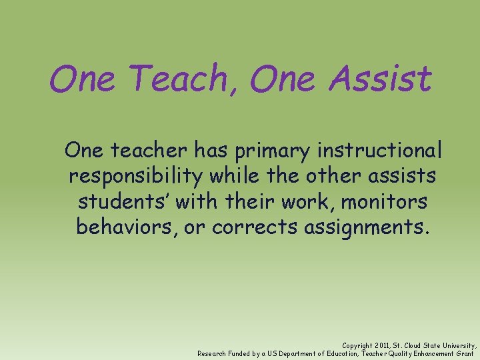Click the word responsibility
[x=137, y=177]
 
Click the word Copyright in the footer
[x=357, y=345]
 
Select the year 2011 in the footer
[x=382, y=345]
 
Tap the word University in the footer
[x=458, y=345]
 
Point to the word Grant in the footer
[x=465, y=353]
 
